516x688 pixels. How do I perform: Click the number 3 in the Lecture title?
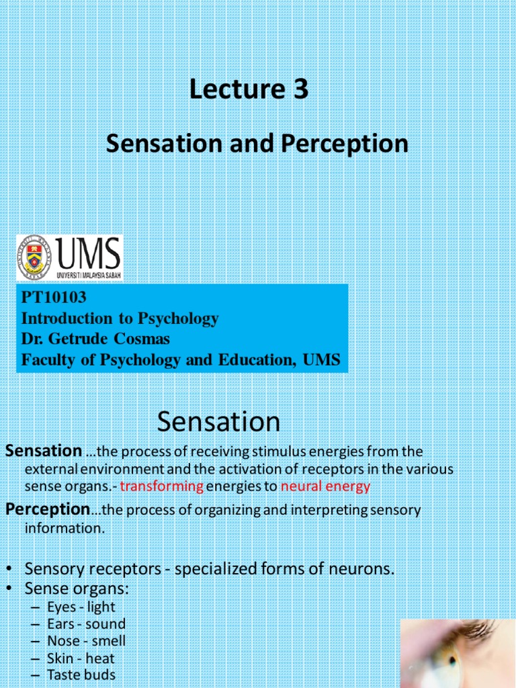click(299, 89)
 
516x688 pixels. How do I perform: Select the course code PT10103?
click(54, 297)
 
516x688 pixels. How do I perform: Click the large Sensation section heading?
click(218, 422)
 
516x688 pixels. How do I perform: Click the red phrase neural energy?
click(325, 486)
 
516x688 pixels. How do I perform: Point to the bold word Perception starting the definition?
click(47, 510)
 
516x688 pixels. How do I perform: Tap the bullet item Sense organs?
click(76, 589)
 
